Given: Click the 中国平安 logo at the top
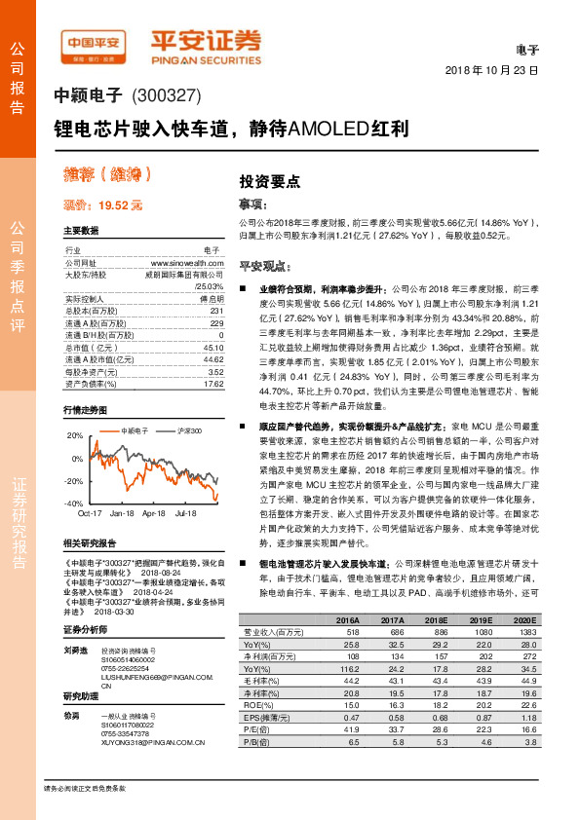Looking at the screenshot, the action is (x=93, y=42).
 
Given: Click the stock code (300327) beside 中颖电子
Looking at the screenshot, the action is (x=165, y=96).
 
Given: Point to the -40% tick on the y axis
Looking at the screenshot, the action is (x=73, y=503).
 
